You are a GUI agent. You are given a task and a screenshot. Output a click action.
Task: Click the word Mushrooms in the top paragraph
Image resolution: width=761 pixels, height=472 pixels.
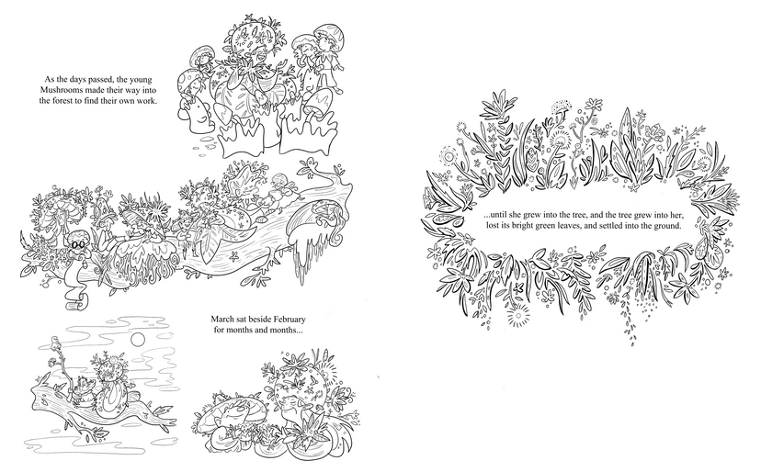pyautogui.click(x=58, y=90)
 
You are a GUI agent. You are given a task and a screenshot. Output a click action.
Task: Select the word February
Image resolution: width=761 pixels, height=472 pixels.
pyautogui.click(x=289, y=320)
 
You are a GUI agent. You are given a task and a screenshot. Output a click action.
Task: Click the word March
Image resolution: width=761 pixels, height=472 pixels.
pyautogui.click(x=221, y=320)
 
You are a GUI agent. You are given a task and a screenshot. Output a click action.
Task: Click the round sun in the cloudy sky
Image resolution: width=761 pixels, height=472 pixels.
pyautogui.click(x=138, y=339)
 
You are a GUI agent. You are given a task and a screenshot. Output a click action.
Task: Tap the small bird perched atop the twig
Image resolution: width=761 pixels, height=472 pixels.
pyautogui.click(x=55, y=343)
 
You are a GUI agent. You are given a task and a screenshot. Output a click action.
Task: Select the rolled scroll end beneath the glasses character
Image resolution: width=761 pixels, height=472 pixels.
pyautogui.click(x=80, y=301)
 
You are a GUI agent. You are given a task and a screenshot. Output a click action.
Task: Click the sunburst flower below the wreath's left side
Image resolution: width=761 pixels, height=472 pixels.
pyautogui.click(x=517, y=316)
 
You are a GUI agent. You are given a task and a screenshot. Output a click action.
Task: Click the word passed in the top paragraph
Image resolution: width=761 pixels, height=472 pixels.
pyautogui.click(x=100, y=80)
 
